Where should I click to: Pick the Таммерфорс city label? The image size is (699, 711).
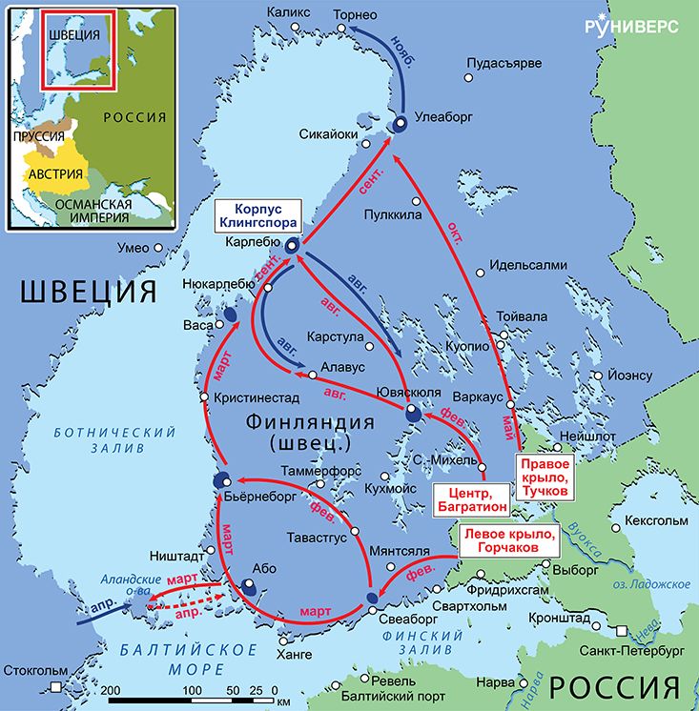pos(319,471)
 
